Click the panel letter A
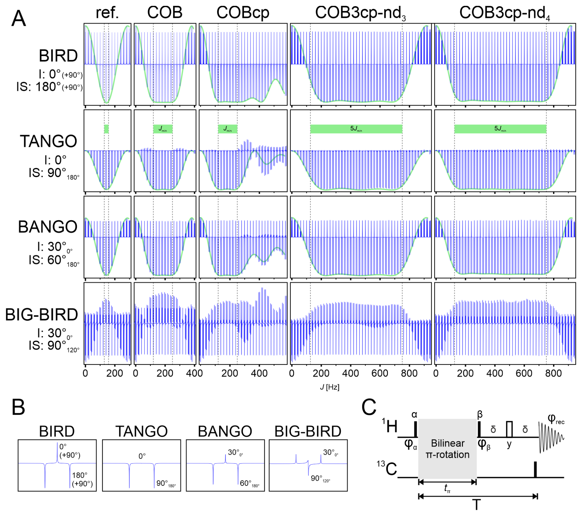click(x=18, y=18)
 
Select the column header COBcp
click(x=243, y=13)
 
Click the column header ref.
click(x=107, y=13)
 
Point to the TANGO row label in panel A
click(x=49, y=141)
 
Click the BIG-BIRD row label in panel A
click(x=42, y=315)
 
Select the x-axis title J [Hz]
click(x=329, y=387)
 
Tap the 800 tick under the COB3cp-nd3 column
click(x=409, y=373)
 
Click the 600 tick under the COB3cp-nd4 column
click(x=524, y=373)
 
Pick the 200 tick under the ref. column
click(x=115, y=373)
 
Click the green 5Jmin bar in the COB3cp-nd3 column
click(x=356, y=129)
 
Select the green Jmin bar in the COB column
click(x=163, y=129)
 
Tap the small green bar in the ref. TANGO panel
click(x=106, y=129)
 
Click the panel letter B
click(x=18, y=407)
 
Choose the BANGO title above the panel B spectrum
click(x=225, y=431)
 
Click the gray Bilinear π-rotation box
click(x=447, y=449)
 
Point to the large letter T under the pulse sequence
click(x=476, y=505)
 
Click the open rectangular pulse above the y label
click(x=509, y=429)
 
